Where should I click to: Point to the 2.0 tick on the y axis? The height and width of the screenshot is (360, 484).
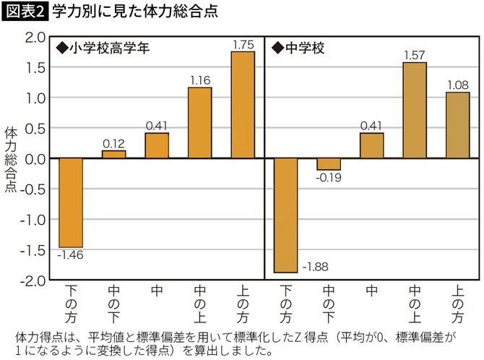pyautogui.click(x=34, y=37)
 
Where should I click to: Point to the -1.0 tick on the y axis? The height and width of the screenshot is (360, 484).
pyautogui.click(x=33, y=219)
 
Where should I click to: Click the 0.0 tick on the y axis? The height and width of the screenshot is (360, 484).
pyautogui.click(x=34, y=158)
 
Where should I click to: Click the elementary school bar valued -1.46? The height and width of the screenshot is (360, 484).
pyautogui.click(x=71, y=202)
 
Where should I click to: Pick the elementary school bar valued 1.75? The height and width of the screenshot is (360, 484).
pyautogui.click(x=243, y=105)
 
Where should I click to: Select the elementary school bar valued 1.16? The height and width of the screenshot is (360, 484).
pyautogui.click(x=200, y=123)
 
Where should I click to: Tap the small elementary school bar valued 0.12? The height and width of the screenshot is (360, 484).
pyautogui.click(x=113, y=154)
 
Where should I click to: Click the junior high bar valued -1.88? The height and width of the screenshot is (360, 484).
pyautogui.click(x=286, y=215)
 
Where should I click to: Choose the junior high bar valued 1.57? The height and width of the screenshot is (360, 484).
pyautogui.click(x=415, y=110)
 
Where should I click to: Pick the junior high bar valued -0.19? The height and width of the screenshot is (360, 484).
pyautogui.click(x=329, y=164)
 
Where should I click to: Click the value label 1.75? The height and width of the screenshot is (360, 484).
pyautogui.click(x=243, y=45)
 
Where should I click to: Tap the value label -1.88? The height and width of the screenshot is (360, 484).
pyautogui.click(x=314, y=267)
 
